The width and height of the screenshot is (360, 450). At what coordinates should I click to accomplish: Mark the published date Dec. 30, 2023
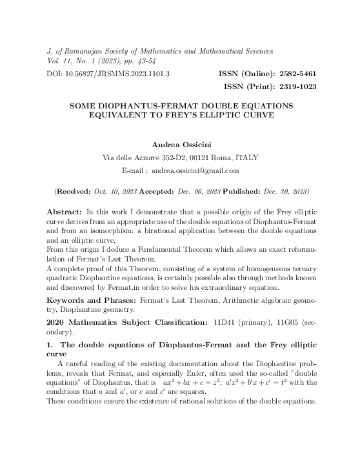(x=289, y=192)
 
